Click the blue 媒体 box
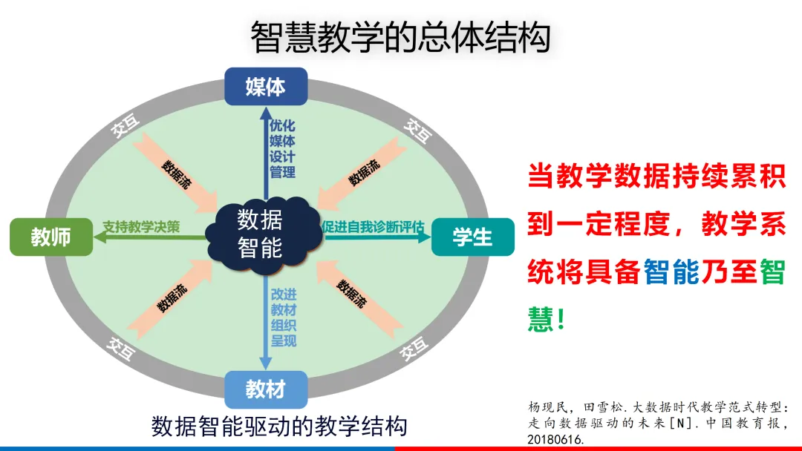pos(265,87)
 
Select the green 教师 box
pos(50,237)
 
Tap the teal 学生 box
pos(472,237)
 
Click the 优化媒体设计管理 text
pos(282,148)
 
